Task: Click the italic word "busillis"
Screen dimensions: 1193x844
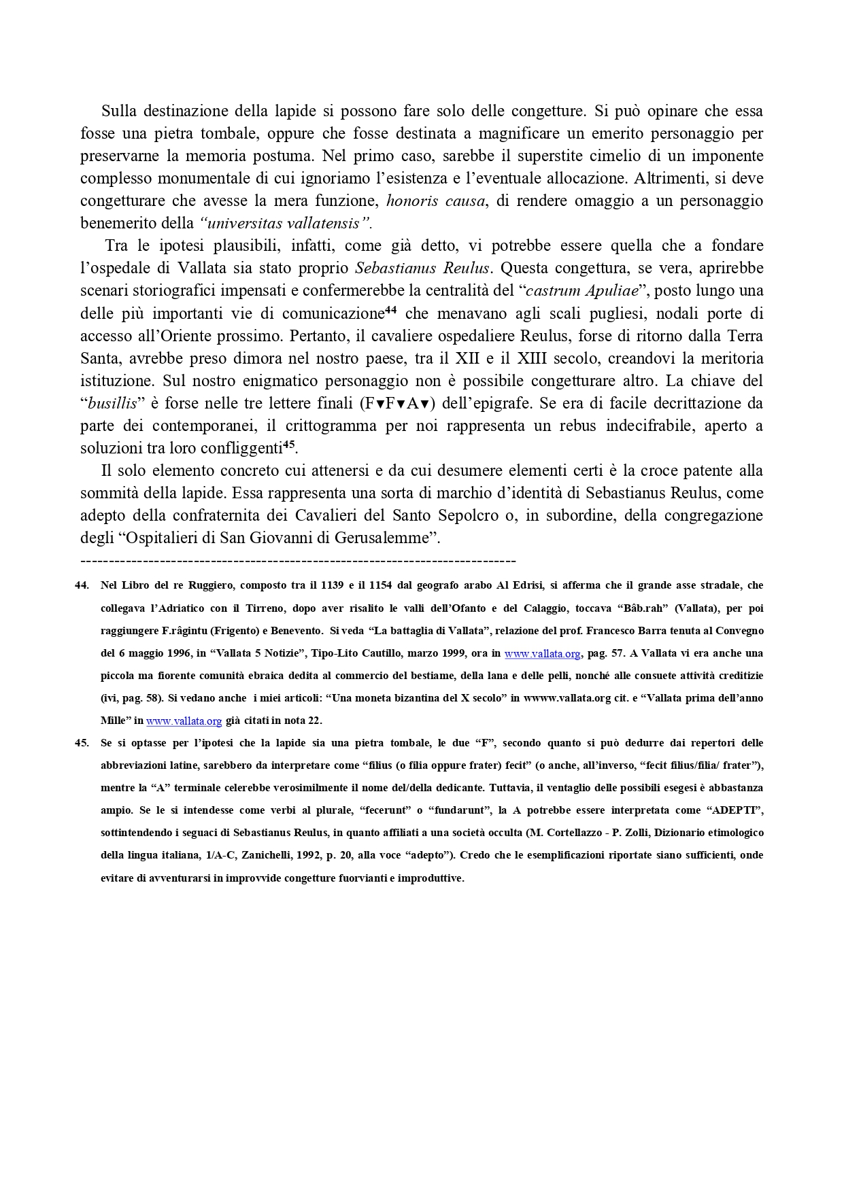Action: coord(113,404)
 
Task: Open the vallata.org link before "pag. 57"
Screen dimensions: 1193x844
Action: coord(542,654)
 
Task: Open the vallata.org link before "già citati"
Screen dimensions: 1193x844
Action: coord(184,721)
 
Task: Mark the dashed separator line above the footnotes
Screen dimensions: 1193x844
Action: coord(298,561)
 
